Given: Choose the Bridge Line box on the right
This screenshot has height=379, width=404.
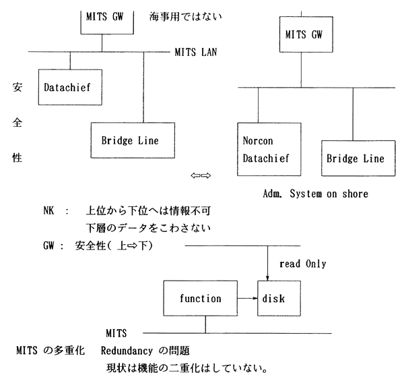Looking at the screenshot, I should (x=355, y=159).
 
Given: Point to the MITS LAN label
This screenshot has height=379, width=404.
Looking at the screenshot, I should (x=195, y=51).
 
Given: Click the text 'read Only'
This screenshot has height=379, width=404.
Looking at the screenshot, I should (x=302, y=264).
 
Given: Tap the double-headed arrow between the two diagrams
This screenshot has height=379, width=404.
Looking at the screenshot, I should (x=201, y=176).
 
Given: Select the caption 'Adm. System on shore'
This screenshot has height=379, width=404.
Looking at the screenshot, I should (x=316, y=194).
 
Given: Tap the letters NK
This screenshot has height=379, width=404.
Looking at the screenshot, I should (x=49, y=210).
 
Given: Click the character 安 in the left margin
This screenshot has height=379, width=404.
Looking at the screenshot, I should (x=17, y=88).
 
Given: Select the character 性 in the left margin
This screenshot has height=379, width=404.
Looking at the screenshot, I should (x=17, y=158).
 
